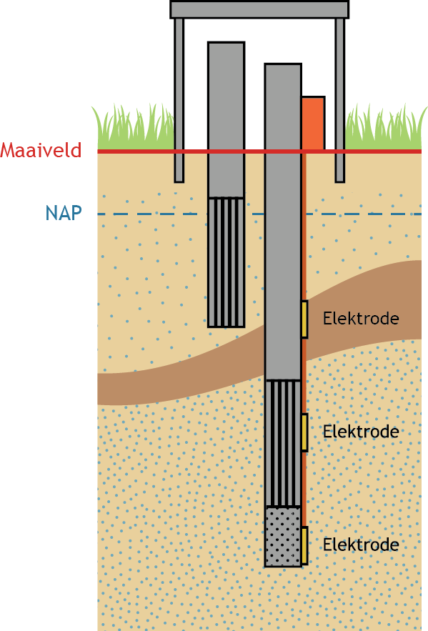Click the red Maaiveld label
(41, 150)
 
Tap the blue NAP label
(64, 213)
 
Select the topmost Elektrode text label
(361, 318)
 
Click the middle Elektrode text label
(361, 432)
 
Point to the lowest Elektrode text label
(361, 545)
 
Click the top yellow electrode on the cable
(304, 319)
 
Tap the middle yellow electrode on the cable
(304, 432)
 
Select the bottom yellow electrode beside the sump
(304, 545)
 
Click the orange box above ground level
(314, 123)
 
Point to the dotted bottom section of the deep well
(283, 537)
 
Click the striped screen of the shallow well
(226, 262)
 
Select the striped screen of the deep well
(283, 443)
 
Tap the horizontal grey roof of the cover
(259, 10)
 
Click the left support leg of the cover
(179, 100)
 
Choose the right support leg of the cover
(340, 100)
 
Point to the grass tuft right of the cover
(385, 128)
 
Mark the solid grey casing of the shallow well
(226, 119)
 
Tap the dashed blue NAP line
(259, 214)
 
